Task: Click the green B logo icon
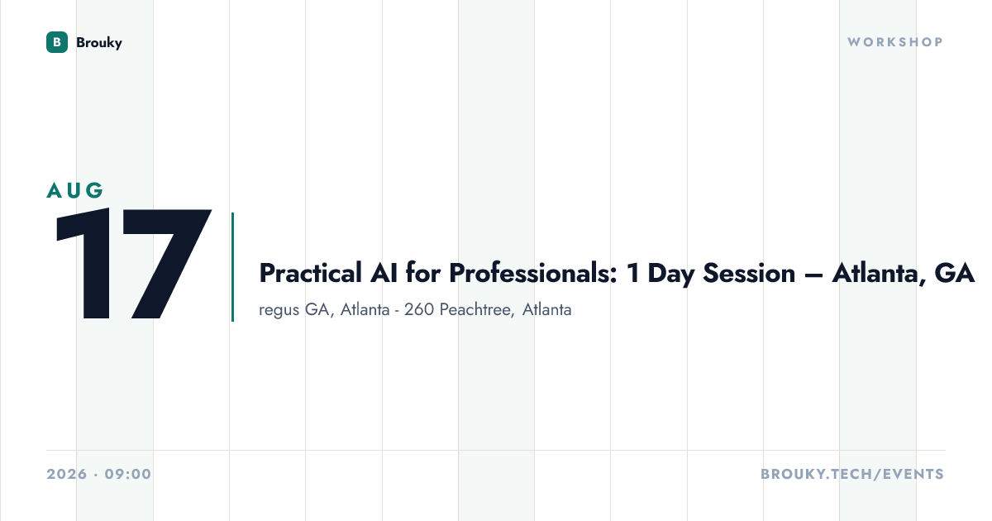[x=57, y=42]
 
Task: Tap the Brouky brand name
[x=99, y=43]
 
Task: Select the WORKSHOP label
[x=895, y=42]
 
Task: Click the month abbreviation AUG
[x=75, y=190]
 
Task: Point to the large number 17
[x=133, y=264]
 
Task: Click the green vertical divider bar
[x=232, y=266]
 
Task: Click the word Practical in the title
[x=311, y=273]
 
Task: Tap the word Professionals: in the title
[x=532, y=273]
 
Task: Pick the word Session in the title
[x=749, y=273]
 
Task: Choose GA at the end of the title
[x=954, y=273]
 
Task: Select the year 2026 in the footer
[x=67, y=474]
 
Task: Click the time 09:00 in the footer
[x=128, y=474]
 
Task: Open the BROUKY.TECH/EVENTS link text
[x=852, y=474]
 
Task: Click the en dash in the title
[x=813, y=275]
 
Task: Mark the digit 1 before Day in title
[x=633, y=273]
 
